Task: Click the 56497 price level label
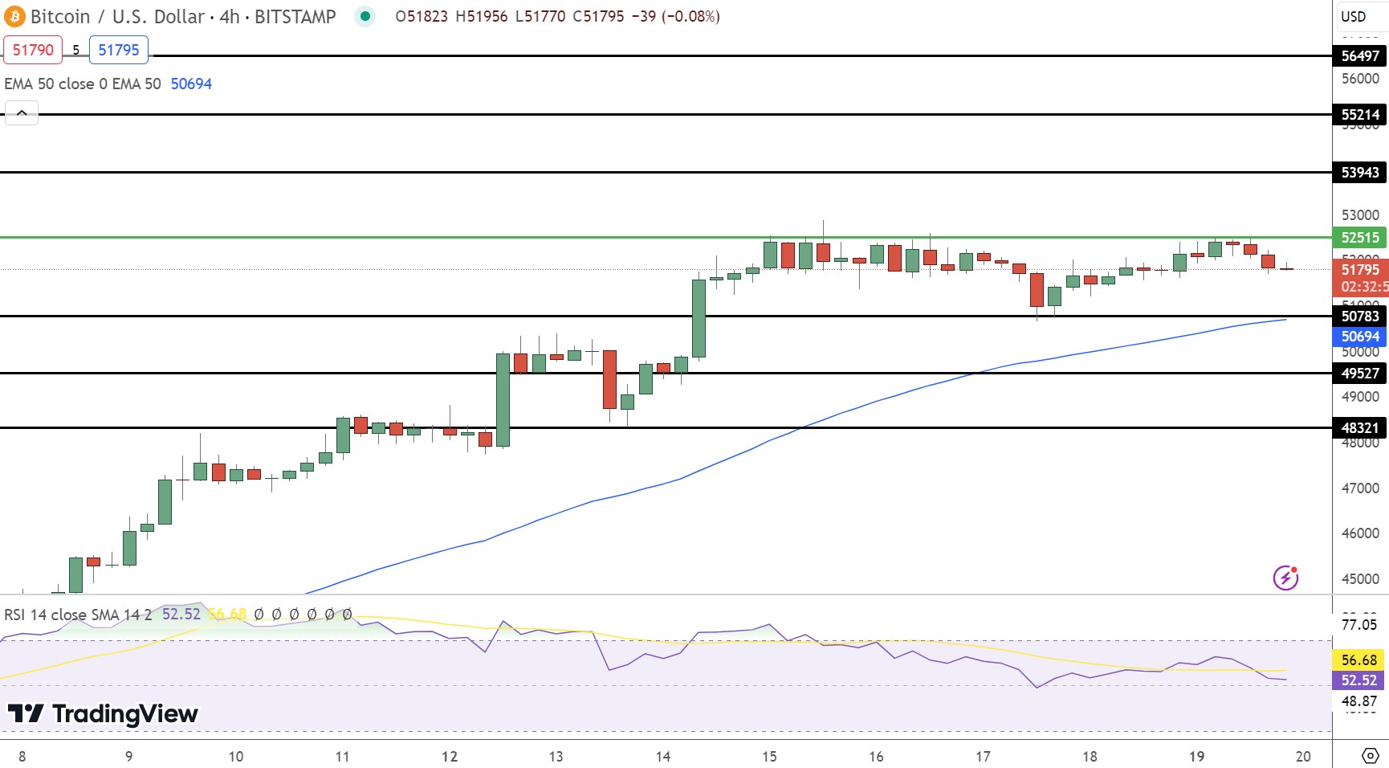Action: (x=1360, y=55)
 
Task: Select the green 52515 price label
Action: (x=1360, y=237)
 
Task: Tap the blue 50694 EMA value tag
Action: (x=1360, y=337)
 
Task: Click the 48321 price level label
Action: (x=1360, y=427)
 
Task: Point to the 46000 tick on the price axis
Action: (x=1360, y=533)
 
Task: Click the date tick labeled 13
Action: (x=556, y=756)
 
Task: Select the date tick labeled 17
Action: (x=983, y=756)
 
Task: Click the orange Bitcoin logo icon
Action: (x=14, y=16)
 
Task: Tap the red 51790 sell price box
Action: (x=33, y=50)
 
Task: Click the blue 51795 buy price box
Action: (x=119, y=50)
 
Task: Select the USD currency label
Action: (x=1354, y=16)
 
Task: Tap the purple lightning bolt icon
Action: (x=1285, y=577)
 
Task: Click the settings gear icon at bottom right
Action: (x=1371, y=756)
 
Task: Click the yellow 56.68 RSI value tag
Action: (x=1358, y=660)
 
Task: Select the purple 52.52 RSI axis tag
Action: (x=1358, y=680)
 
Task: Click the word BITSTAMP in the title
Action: (x=295, y=16)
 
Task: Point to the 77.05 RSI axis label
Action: (x=1358, y=624)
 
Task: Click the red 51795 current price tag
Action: (x=1360, y=270)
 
